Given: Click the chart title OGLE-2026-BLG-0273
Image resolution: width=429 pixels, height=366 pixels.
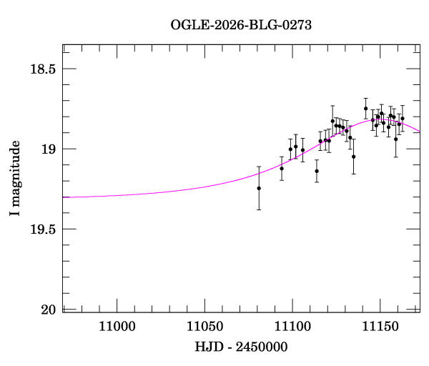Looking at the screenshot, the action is coord(241,25).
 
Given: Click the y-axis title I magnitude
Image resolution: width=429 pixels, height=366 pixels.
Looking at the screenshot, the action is coord(14,178).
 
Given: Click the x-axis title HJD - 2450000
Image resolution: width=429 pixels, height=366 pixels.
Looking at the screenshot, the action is coord(241,347).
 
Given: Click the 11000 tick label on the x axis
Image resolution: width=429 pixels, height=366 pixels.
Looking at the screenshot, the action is coord(117,327).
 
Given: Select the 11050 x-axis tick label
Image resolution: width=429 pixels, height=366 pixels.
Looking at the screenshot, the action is coord(205,327).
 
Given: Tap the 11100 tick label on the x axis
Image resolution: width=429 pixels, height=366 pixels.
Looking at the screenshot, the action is coord(292,327).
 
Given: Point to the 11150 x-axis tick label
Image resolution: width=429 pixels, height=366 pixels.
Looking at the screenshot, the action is coord(380,327).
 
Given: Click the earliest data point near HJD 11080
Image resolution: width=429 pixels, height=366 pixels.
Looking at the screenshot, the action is coord(259,188).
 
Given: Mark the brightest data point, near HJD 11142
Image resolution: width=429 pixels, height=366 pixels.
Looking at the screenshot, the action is coord(366,109).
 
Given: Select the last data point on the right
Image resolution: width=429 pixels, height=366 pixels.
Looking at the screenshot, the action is coord(403,119).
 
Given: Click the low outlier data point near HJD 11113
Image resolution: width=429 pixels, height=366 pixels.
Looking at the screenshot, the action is coord(317,171).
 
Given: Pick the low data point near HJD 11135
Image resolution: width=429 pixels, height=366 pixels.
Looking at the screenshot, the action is coord(353,157).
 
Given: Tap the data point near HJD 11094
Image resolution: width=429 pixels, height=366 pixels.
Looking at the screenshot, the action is coord(282,169).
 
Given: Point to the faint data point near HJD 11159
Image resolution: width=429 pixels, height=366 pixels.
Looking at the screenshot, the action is coord(395,139).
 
